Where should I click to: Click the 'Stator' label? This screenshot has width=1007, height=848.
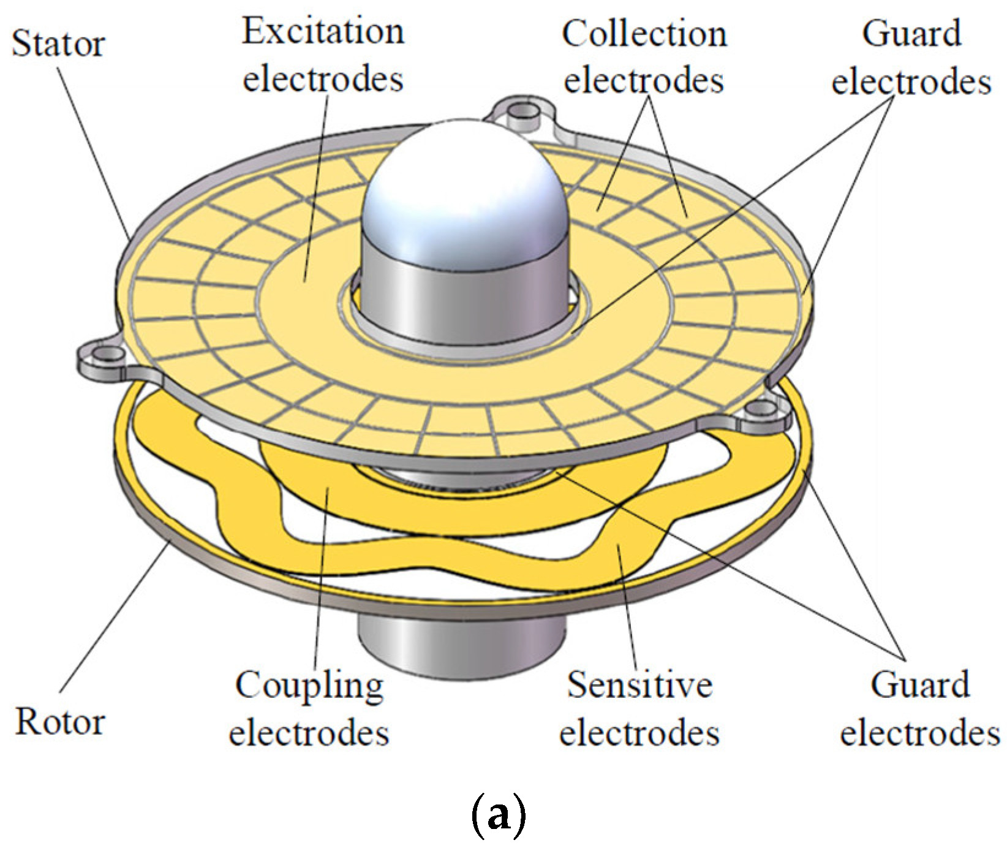58,44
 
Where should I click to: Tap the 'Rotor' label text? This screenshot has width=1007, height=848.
60,722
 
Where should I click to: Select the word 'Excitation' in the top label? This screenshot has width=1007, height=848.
323,32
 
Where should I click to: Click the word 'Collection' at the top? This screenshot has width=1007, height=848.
644,34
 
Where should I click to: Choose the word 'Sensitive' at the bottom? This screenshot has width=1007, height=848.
639,684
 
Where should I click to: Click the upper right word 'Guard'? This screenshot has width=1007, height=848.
911,34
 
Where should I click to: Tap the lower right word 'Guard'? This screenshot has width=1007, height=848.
920,684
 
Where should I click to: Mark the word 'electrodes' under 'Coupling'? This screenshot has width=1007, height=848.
309,732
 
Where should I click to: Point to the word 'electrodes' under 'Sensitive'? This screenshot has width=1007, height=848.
639,732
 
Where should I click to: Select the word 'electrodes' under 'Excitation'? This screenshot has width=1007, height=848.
323,78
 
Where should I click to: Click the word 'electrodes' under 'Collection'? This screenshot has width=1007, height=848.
644,80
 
